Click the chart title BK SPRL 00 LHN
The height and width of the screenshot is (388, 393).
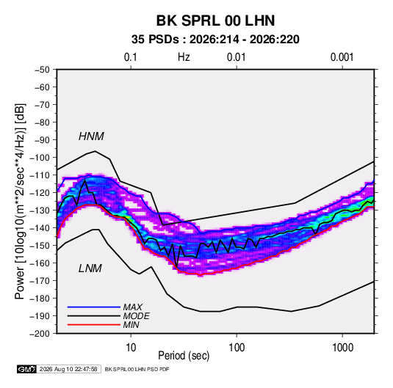[215, 21]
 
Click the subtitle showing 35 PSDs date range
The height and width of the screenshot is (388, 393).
[215, 40]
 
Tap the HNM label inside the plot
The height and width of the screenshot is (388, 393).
[91, 136]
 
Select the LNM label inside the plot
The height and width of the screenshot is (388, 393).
[90, 268]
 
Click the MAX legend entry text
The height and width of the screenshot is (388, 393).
[132, 307]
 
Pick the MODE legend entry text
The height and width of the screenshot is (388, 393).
[137, 316]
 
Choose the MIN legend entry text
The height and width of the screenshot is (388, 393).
[131, 325]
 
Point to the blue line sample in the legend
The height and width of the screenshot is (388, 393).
[94, 307]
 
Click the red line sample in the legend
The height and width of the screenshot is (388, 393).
[94, 325]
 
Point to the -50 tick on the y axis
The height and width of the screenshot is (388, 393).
[42, 70]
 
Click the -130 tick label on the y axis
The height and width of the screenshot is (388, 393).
[40, 211]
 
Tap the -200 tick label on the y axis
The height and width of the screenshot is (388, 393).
[40, 334]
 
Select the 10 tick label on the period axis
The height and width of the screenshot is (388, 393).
[131, 348]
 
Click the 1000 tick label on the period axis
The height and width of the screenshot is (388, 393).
[342, 348]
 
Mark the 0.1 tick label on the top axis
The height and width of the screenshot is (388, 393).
[131, 57]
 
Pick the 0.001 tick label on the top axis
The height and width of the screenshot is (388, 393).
[342, 57]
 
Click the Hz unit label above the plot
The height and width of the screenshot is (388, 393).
[184, 57]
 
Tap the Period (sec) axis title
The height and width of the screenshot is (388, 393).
[184, 356]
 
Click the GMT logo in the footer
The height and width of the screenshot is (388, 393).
[26, 369]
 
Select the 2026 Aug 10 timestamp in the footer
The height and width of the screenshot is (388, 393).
[68, 369]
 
